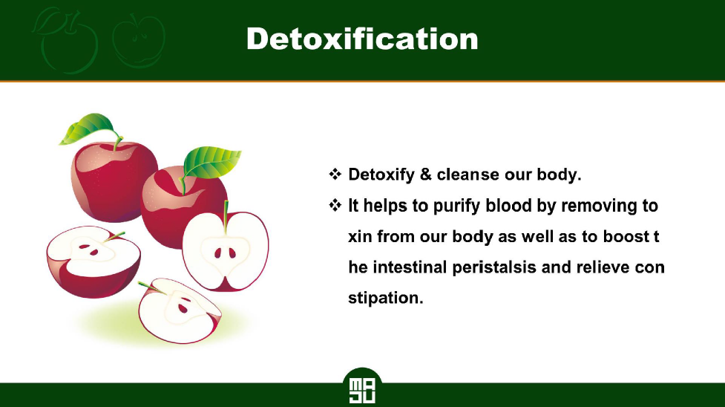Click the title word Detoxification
pyautogui.click(x=362, y=39)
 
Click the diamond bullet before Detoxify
pyautogui.click(x=335, y=174)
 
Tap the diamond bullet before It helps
pyautogui.click(x=335, y=205)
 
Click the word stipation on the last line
pyautogui.click(x=386, y=298)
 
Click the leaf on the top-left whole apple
pyautogui.click(x=87, y=128)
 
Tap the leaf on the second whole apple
pyautogui.click(x=211, y=162)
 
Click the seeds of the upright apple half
pyautogui.click(x=225, y=253)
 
